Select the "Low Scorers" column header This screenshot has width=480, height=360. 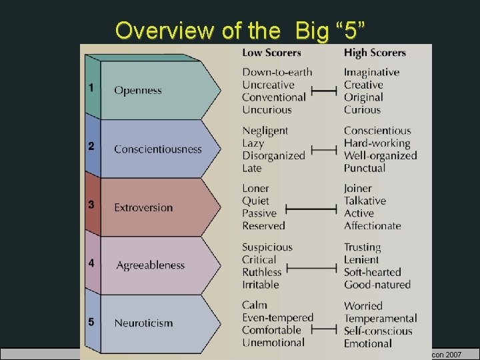[x=271, y=53]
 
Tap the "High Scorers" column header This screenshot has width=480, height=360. [x=375, y=53]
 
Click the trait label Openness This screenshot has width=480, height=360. [x=138, y=90]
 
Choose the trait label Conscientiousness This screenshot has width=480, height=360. [x=158, y=149]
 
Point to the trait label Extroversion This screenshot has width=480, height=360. [x=143, y=207]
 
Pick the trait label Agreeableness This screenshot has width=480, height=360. [x=151, y=265]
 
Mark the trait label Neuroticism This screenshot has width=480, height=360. [x=143, y=323]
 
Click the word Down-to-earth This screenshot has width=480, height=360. [x=277, y=72]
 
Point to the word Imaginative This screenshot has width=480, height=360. [x=371, y=72]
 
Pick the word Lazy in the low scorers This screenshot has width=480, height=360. [x=253, y=143]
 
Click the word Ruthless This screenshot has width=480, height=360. [x=262, y=272]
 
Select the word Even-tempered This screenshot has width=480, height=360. [x=277, y=318]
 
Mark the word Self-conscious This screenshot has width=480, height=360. [x=377, y=331]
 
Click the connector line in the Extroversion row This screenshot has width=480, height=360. [x=312, y=209]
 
